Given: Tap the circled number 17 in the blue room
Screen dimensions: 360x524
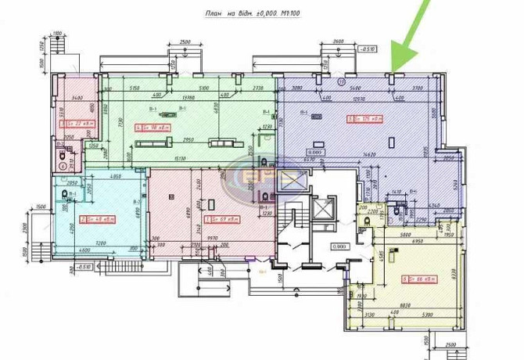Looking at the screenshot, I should tap(341, 81).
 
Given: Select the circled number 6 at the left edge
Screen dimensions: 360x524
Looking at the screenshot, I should tap(63, 165).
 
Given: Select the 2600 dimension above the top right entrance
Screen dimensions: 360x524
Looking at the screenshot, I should tap(338, 41).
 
